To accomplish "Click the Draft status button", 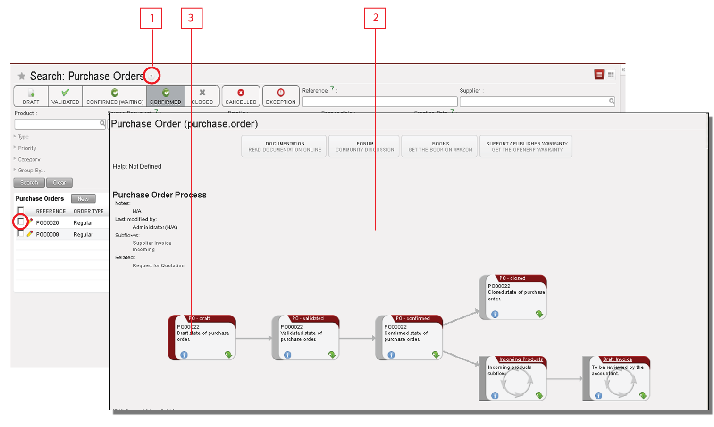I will point(31,96).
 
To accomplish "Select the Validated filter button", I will point(65,96).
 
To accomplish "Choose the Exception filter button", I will point(281,96).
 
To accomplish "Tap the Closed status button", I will point(202,96).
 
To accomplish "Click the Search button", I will point(29,183).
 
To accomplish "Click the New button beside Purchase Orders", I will point(83,199).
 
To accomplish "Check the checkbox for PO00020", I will point(21,222).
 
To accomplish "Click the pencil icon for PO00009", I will point(30,234).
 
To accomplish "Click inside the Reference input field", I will point(379,102).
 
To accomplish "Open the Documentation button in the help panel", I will point(285,146).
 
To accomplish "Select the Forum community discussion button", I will point(364,146).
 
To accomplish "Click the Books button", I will point(440,146).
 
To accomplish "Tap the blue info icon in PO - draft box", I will point(184,355).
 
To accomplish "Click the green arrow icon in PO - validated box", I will point(332,355).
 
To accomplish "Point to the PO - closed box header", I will point(512,278).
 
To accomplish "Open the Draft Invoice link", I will point(617,359).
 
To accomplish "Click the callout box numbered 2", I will point(375,18).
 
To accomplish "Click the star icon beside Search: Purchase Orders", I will point(21,76).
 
